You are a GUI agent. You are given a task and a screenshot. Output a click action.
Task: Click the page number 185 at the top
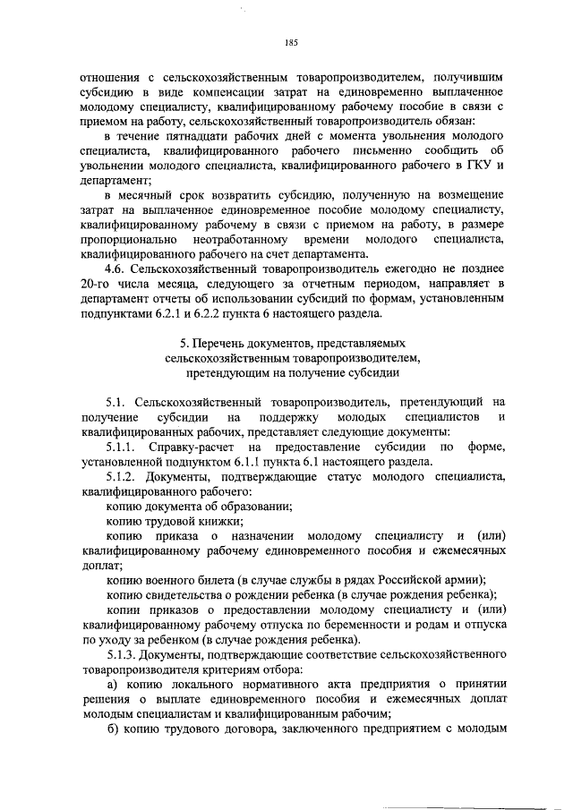pyautogui.click(x=290, y=42)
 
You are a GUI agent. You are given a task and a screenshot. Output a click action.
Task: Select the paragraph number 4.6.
pyautogui.click(x=115, y=269)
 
